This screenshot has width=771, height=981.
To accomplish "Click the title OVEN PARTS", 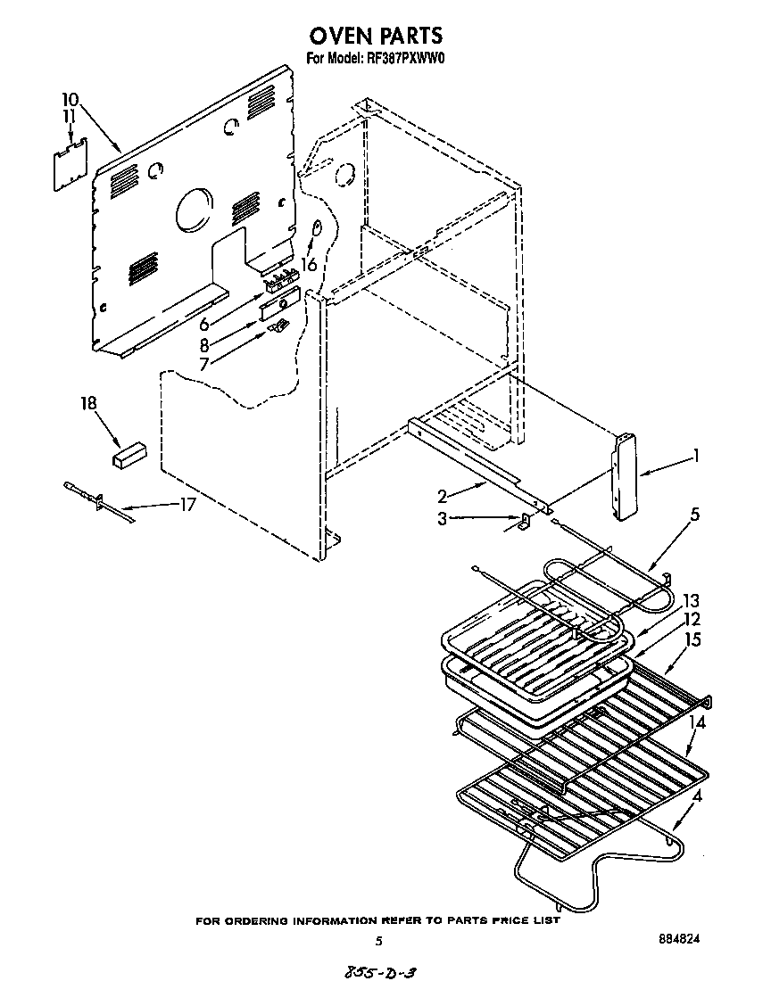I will coord(376,36).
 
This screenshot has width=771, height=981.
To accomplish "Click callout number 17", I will coord(187,504).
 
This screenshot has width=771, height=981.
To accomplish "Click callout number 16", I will coord(310,264).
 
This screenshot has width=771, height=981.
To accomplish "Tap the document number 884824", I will coord(677,939).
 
